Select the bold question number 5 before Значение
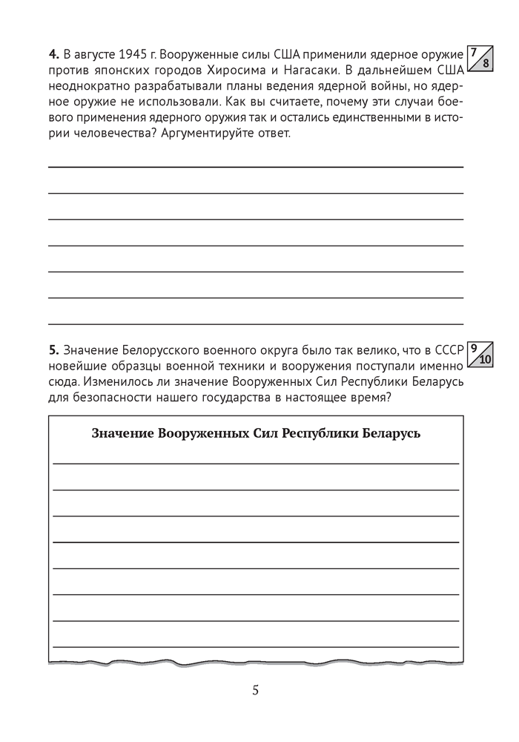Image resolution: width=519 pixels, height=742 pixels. pyautogui.click(x=53, y=349)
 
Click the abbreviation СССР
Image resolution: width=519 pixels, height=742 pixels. pyautogui.click(x=446, y=349)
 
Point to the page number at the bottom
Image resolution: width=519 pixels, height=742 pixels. pyautogui.click(x=256, y=691)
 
